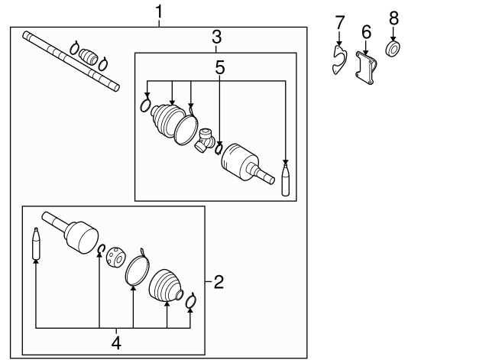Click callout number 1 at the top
(159, 11)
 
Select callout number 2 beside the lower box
(219, 283)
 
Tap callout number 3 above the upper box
(216, 36)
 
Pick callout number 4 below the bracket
(116, 342)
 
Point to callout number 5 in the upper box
(220, 67)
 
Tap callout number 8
(393, 17)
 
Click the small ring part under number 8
(394, 50)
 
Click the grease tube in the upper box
(286, 180)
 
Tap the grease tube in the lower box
(36, 244)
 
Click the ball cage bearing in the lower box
(116, 257)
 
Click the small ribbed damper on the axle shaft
(90, 57)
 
